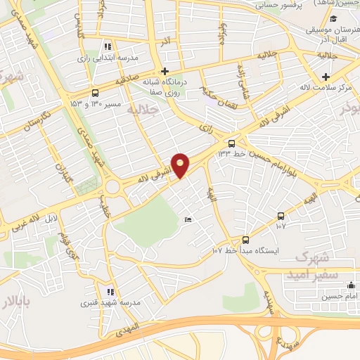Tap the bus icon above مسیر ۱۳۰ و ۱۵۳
(x=96, y=93)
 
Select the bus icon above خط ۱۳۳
(x=233, y=143)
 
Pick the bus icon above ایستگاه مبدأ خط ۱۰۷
(x=245, y=240)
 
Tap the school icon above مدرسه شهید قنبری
(x=109, y=291)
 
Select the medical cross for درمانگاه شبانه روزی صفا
(x=165, y=71)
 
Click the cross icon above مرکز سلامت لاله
(x=325, y=77)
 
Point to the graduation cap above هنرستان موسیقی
(x=334, y=20)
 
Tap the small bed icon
(x=187, y=220)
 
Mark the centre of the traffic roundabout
(x=112, y=187)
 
